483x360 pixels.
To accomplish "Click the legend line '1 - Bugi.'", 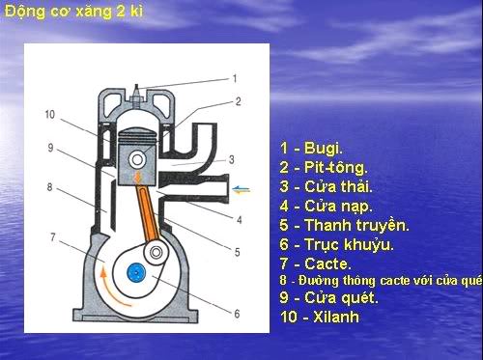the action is [x=311, y=150].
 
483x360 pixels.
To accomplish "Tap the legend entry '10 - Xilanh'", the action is [x=321, y=317].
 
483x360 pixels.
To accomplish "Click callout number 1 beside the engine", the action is [x=235, y=77].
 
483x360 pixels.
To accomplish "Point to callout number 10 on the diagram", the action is [x=49, y=115].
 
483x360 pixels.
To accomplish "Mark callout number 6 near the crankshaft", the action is [x=236, y=314].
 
